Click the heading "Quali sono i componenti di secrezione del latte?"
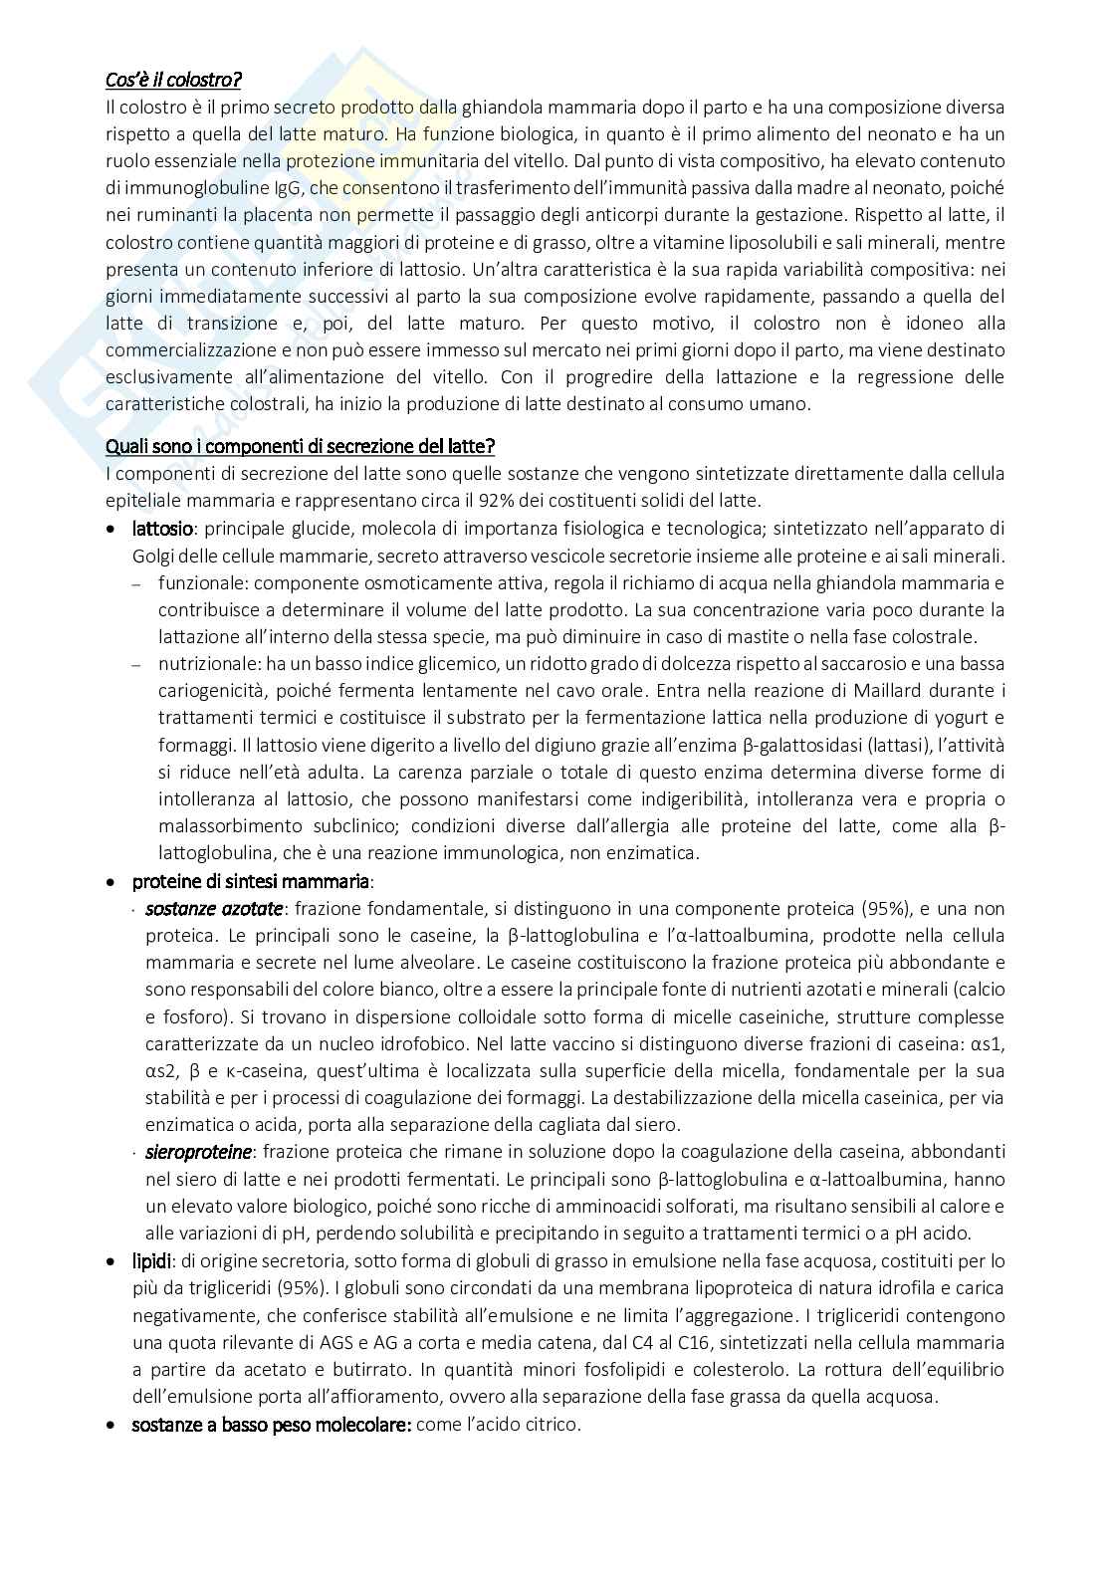click(x=301, y=446)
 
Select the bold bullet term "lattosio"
click(x=163, y=528)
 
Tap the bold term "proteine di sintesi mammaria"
click(x=251, y=881)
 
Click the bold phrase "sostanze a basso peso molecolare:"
click(x=272, y=1424)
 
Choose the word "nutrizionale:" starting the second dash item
click(x=204, y=664)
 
